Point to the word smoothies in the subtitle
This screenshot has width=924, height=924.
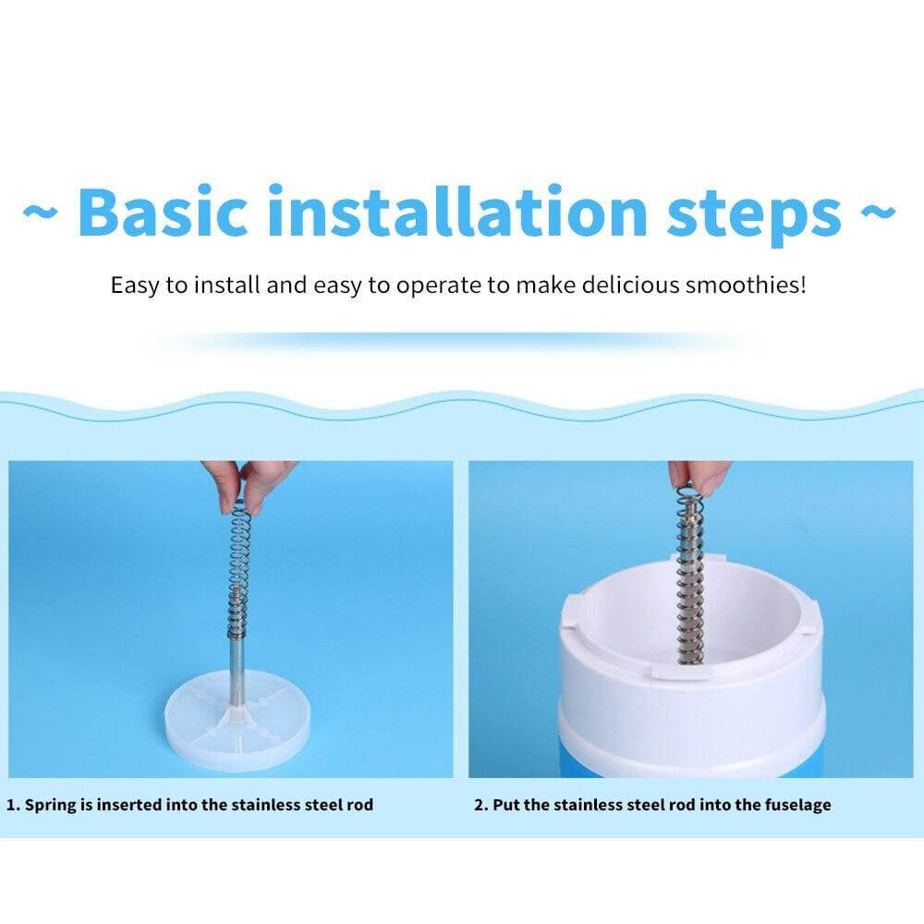point(745,285)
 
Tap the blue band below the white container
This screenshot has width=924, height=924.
point(693,763)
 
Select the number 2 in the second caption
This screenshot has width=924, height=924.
point(480,805)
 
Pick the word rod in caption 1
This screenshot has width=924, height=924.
point(359,805)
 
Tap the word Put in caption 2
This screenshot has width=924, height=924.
point(507,805)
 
